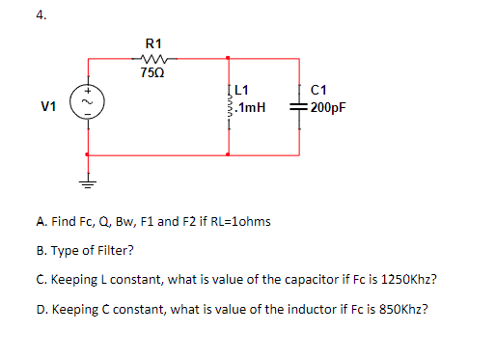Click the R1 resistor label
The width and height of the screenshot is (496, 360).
pos(153,42)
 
